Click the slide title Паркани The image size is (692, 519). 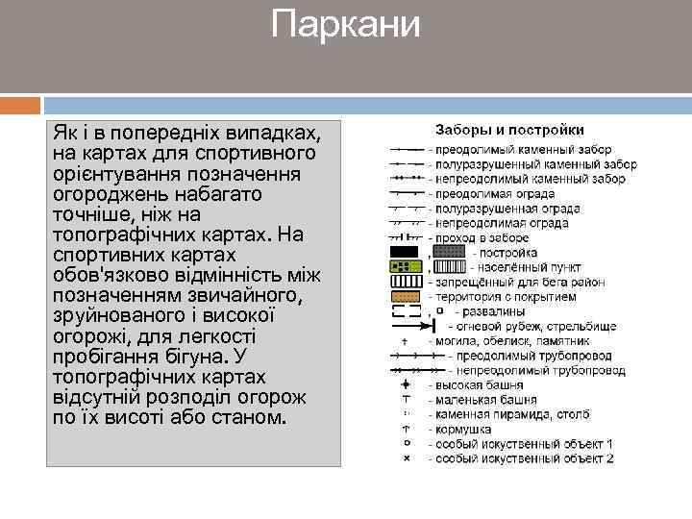click(x=346, y=24)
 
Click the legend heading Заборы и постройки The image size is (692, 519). click(x=510, y=130)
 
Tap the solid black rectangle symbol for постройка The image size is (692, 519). click(x=405, y=252)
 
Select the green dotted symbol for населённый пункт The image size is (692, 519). click(x=405, y=266)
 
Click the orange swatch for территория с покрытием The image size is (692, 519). click(x=405, y=296)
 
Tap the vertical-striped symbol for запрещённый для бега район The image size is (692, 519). click(x=405, y=282)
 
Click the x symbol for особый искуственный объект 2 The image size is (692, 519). click(x=406, y=458)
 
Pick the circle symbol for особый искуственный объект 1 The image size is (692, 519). click(x=406, y=444)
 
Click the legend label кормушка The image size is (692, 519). click(x=464, y=430)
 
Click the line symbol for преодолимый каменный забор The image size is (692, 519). click(x=408, y=150)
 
